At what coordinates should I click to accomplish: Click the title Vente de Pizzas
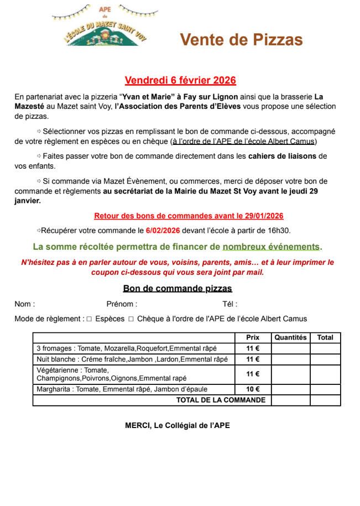click(x=242, y=40)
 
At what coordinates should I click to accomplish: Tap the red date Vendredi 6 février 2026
click(x=180, y=80)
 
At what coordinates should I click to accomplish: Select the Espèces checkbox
click(x=89, y=319)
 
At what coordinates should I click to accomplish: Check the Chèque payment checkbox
click(x=131, y=319)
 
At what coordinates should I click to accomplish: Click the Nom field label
click(x=25, y=304)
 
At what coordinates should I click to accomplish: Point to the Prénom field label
click(x=122, y=304)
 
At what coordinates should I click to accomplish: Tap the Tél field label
click(x=229, y=304)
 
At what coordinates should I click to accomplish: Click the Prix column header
click(x=253, y=337)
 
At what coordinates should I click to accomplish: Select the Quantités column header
click(x=290, y=337)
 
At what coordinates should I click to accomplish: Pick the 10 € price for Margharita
click(x=253, y=389)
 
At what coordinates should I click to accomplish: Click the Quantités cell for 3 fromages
click(x=290, y=348)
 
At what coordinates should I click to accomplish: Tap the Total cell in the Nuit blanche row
click(x=325, y=359)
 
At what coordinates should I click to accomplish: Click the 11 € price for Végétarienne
click(x=253, y=374)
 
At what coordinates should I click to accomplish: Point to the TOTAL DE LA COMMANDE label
click(x=221, y=400)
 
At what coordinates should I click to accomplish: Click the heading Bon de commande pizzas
click(x=178, y=289)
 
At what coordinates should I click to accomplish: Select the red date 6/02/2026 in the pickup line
click(x=163, y=230)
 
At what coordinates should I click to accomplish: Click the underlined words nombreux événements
click(x=271, y=246)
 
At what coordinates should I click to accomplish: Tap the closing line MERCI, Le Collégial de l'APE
click(x=178, y=426)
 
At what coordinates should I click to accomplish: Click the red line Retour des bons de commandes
click(x=189, y=216)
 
